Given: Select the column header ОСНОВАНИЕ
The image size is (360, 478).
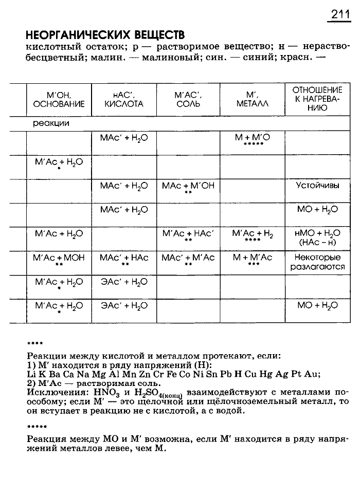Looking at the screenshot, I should click(x=58, y=104).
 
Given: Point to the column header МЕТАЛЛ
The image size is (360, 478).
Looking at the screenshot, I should click(x=253, y=104).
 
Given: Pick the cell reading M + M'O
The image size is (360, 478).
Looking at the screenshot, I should click(x=252, y=138).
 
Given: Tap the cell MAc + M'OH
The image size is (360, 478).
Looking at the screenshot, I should click(x=188, y=186).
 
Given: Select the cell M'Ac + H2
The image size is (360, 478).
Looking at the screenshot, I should click(x=253, y=233).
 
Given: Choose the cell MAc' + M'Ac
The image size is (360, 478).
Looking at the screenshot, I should click(x=188, y=258).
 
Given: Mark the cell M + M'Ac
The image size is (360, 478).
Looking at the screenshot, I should click(x=253, y=258).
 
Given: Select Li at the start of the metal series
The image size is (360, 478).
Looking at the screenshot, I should click(x=30, y=374).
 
